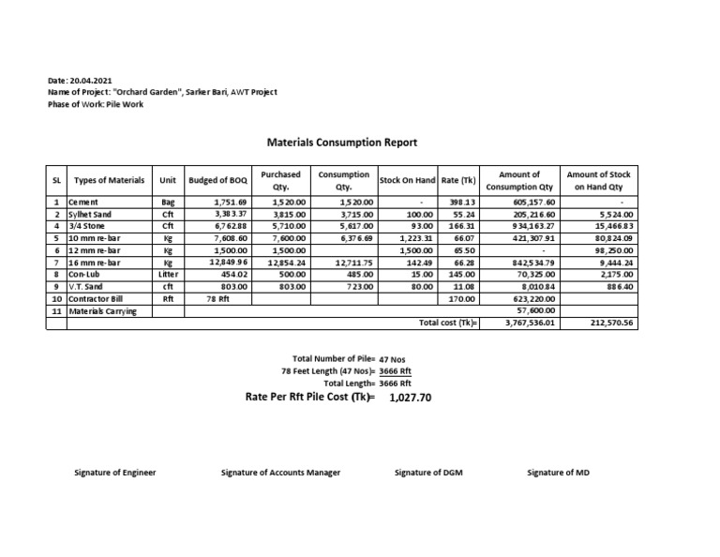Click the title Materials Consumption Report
point(342,143)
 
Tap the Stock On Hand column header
point(407,180)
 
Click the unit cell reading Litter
point(168,275)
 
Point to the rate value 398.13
point(463,202)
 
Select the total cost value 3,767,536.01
point(531,324)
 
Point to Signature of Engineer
point(114,473)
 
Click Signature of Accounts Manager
point(280,473)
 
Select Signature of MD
point(558,473)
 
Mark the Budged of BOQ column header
point(217,180)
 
